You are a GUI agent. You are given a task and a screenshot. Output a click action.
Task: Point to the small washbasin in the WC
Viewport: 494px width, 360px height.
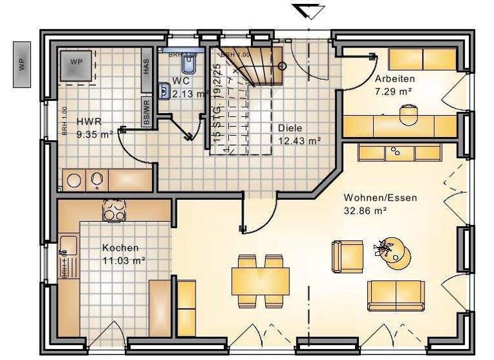(x=164, y=93)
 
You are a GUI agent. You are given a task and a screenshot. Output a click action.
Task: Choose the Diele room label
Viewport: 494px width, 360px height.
(x=289, y=127)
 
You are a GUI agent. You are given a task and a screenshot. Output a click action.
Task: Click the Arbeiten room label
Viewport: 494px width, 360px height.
(x=394, y=78)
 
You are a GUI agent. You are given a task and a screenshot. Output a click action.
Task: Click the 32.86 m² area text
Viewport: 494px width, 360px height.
(x=365, y=210)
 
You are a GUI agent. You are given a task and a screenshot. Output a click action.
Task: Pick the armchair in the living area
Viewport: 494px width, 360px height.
(x=347, y=256)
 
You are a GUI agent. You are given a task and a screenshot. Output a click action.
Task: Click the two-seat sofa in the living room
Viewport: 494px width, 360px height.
(x=396, y=295)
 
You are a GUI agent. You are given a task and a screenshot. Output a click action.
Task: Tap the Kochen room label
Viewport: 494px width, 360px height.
(x=120, y=248)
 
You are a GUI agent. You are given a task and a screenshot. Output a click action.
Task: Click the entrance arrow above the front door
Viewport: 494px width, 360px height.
(x=308, y=11)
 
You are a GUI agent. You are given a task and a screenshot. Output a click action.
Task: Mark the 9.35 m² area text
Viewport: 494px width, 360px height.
(x=94, y=134)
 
